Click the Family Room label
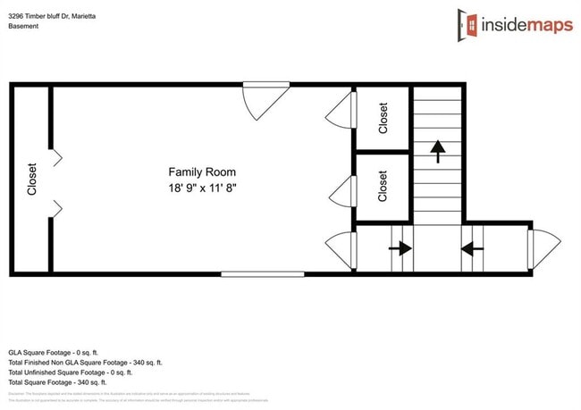tap(203, 172)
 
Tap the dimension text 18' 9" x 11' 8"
tap(203, 188)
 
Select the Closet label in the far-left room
tap(31, 179)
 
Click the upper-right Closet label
tap(383, 118)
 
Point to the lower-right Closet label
tap(383, 186)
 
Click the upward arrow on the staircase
tap(438, 151)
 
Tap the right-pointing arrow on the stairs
tap(400, 249)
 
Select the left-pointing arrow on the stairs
tap(471, 249)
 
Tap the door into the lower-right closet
tap(341, 190)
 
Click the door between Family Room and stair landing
tap(341, 249)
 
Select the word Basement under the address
tap(24, 26)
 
